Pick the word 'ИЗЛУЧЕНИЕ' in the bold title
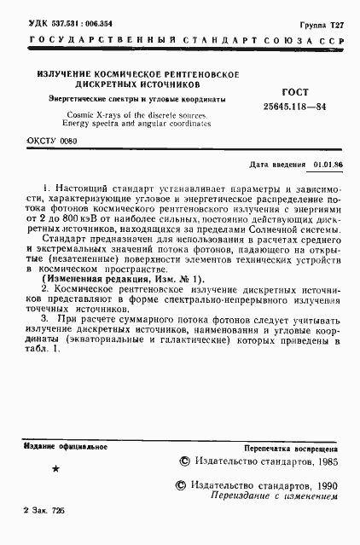pos(66,74)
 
